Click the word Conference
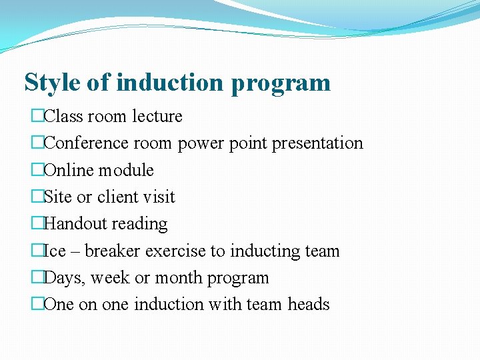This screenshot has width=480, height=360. tap(86, 143)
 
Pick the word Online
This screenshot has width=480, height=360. tap(69, 170)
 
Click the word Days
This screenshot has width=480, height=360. tap(64, 278)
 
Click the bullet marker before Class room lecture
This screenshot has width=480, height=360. tap(37, 116)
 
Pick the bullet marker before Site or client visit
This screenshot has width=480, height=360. tap(37, 197)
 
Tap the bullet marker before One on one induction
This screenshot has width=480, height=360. tap(37, 304)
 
